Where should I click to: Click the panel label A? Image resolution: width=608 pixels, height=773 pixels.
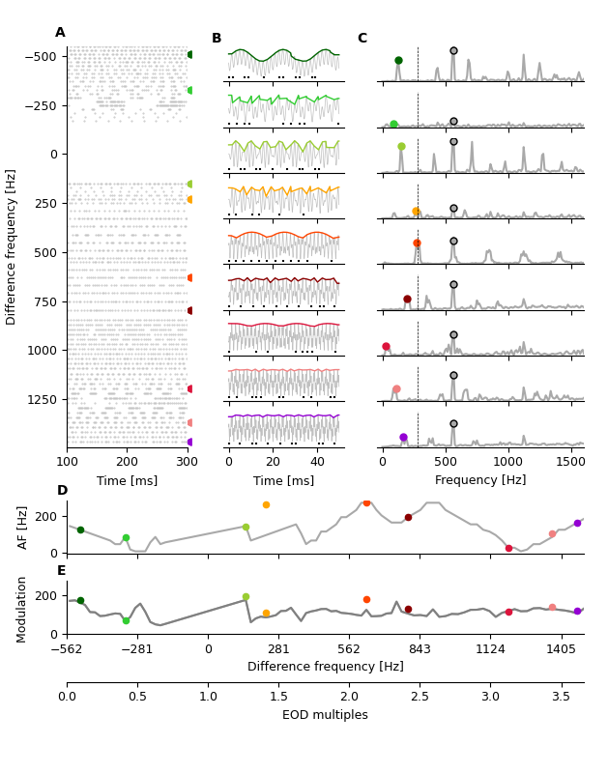coord(60,33)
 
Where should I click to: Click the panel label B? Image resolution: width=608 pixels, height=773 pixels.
coord(217,39)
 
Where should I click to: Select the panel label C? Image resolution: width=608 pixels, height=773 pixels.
coord(362,39)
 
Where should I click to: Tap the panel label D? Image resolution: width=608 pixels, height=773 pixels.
coord(62,491)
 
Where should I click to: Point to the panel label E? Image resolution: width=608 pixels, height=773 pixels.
coord(62,571)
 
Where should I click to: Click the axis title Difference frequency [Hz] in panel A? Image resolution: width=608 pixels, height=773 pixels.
coord(12,246)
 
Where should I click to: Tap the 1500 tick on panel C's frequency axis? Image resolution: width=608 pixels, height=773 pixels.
coord(571,464)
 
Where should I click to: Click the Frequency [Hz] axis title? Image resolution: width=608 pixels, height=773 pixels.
coord(480,480)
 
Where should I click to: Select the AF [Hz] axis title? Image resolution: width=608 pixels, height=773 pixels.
coord(23,527)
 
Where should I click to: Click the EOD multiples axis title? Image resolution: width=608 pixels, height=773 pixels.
coord(325,715)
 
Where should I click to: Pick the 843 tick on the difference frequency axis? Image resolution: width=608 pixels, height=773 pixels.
coord(420,650)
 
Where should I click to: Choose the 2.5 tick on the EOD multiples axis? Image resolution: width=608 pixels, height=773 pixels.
coord(420,697)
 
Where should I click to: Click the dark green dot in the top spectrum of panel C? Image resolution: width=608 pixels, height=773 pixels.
coord(398,60)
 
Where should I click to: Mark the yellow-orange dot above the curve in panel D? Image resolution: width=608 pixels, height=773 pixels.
coord(266,504)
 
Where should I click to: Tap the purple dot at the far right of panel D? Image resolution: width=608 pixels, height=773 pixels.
coord(577,523)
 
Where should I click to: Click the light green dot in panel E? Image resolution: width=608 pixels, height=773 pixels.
coord(126,620)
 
